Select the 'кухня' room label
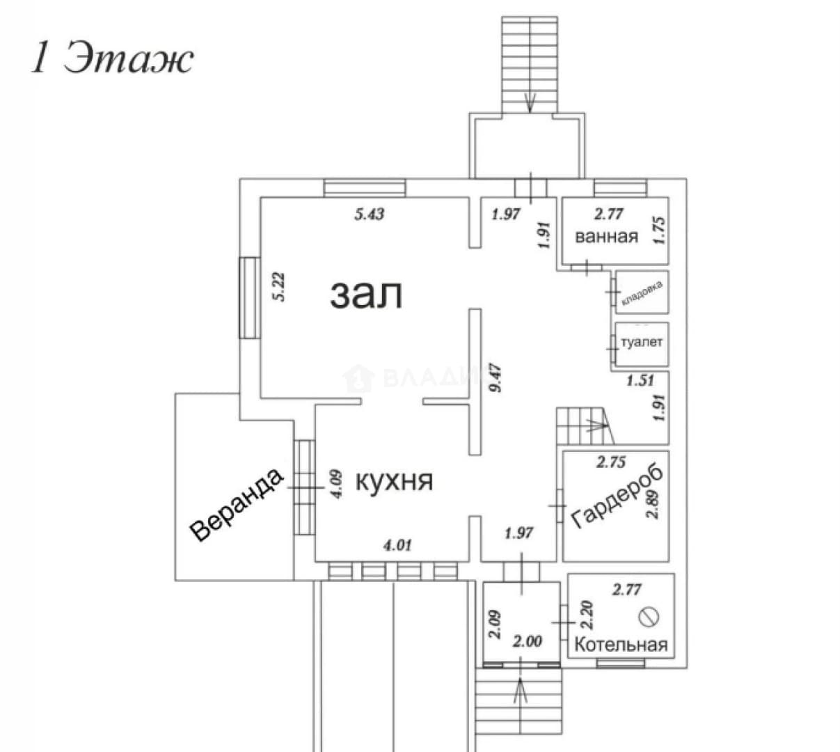(395, 481)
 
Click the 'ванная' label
(607, 237)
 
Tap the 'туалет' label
(642, 342)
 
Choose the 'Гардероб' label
(617, 499)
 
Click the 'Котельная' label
(621, 645)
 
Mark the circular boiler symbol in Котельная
(649, 616)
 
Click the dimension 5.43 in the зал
(369, 214)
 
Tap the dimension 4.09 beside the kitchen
(336, 484)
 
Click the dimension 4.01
(397, 545)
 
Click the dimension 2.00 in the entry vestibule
(527, 641)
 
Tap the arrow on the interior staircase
(596, 425)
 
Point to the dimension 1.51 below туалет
(640, 380)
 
